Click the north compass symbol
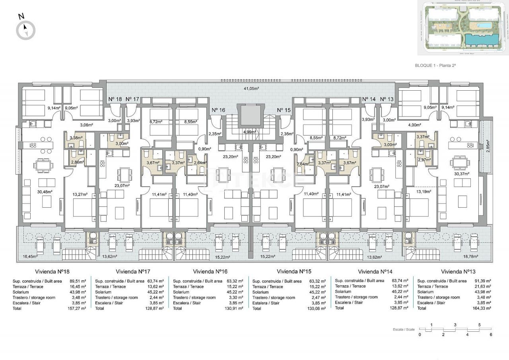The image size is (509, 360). (25, 30)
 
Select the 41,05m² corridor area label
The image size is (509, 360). (251, 88)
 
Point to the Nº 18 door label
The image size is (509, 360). (115, 99)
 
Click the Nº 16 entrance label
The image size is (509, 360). (218, 110)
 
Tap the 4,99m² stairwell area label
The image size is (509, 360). (250, 132)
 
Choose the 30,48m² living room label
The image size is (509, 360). (45, 191)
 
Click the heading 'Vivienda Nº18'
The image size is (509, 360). (52, 272)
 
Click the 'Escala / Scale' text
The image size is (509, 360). (403, 330)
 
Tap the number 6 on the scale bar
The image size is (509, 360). (491, 335)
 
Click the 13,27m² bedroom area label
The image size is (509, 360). (80, 195)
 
